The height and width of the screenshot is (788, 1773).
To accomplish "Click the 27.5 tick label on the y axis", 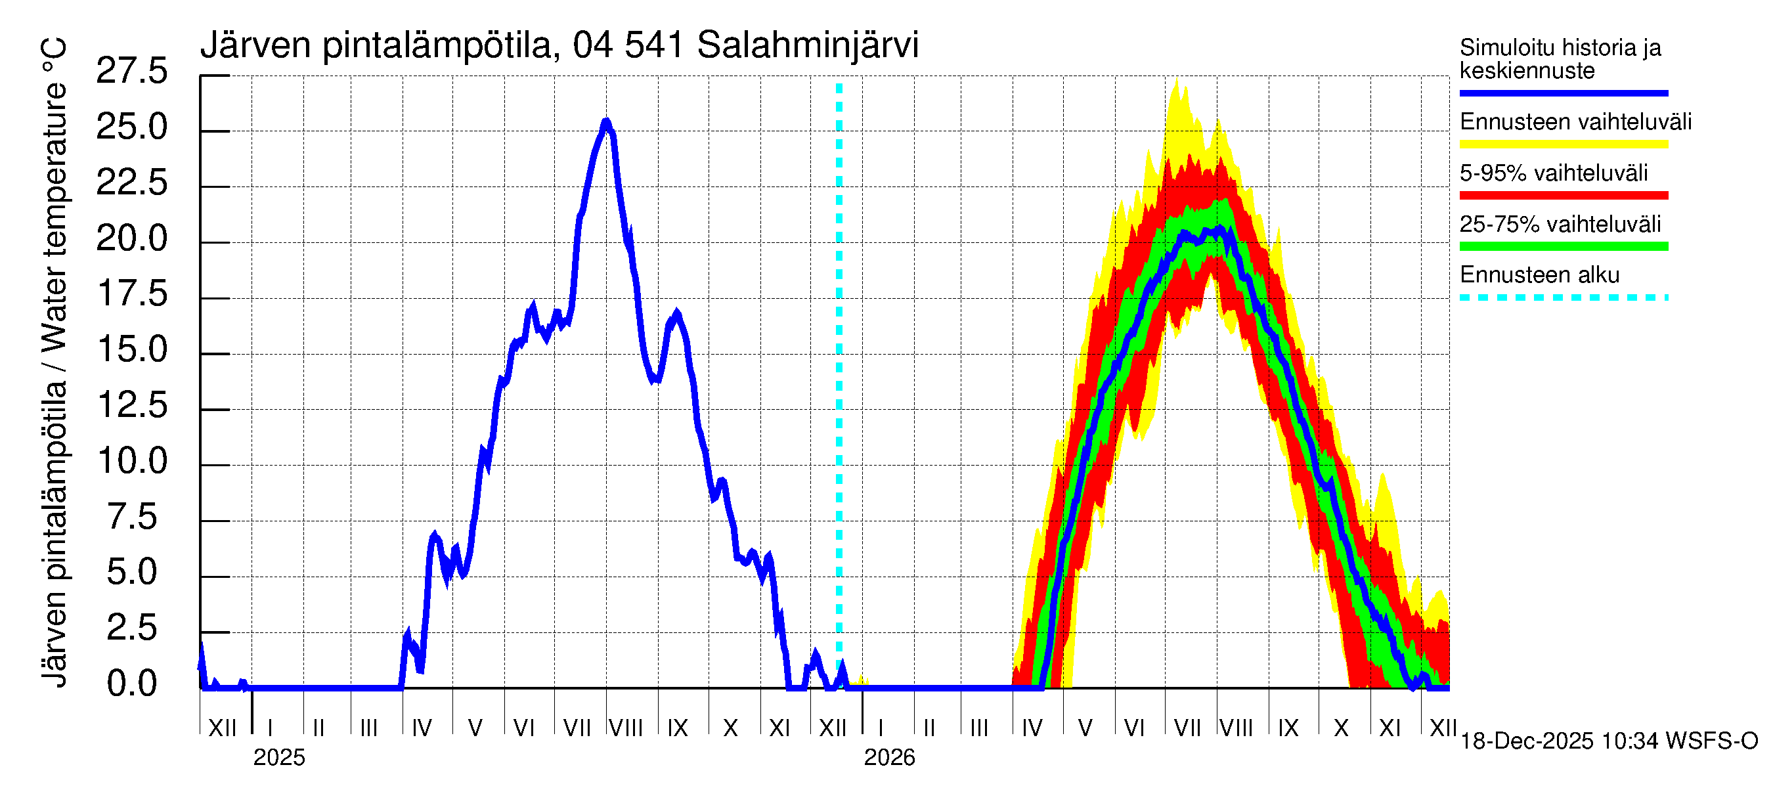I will pyautogui.click(x=131, y=72).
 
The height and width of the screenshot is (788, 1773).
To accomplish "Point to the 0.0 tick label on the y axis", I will pyautogui.click(x=131, y=684).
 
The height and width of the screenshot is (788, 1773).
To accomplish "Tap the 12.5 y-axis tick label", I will pyautogui.click(x=131, y=405).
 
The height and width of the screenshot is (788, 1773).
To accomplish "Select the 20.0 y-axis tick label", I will pyautogui.click(x=131, y=239).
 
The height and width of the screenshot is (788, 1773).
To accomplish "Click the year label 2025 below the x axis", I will pyautogui.click(x=278, y=758).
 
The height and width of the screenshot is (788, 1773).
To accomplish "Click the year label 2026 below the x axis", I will pyautogui.click(x=889, y=758).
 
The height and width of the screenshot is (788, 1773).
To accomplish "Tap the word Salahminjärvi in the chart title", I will pyautogui.click(x=807, y=45).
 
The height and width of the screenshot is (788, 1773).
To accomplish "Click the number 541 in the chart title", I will pyautogui.click(x=654, y=45).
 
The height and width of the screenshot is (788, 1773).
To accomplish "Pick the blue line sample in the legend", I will pyautogui.click(x=1563, y=93).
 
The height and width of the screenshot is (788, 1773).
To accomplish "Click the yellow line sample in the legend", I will pyautogui.click(x=1563, y=144).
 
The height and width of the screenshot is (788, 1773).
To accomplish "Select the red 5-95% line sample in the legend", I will pyautogui.click(x=1563, y=196).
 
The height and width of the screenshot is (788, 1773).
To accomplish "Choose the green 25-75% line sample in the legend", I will pyautogui.click(x=1563, y=246).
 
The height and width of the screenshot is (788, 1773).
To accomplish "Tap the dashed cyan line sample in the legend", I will pyautogui.click(x=1563, y=298).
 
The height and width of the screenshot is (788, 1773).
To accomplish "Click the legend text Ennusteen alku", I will pyautogui.click(x=1540, y=275).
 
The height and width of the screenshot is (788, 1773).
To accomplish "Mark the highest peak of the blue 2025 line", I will pyautogui.click(x=605, y=123).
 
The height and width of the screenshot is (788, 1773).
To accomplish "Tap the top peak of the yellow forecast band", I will pyautogui.click(x=1177, y=79).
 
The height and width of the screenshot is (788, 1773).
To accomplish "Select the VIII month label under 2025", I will pyautogui.click(x=626, y=728).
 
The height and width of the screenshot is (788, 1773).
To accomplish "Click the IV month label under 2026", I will pyautogui.click(x=1032, y=728).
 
